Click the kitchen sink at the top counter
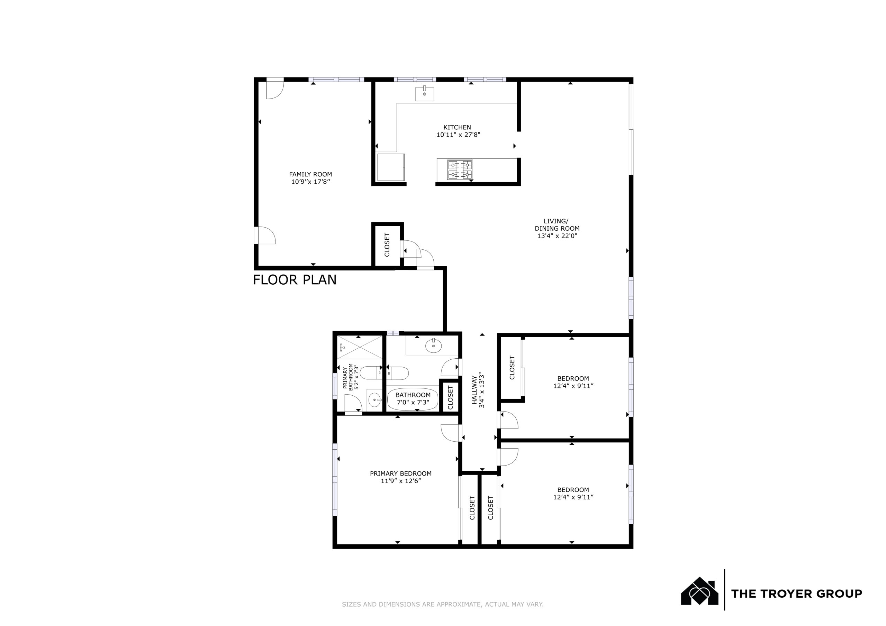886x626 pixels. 424,94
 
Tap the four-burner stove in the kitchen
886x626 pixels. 460,170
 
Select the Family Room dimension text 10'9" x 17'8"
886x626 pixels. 311,182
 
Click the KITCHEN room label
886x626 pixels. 457,127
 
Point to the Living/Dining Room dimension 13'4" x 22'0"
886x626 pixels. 557,236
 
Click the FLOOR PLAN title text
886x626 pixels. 295,280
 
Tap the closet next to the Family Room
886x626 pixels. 387,245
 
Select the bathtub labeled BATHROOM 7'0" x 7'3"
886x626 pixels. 413,399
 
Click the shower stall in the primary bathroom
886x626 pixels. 360,348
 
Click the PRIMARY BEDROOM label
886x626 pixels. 400,473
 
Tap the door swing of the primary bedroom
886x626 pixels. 450,433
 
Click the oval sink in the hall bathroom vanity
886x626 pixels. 433,346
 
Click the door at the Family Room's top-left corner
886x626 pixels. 275,90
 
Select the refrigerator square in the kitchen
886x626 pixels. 391,167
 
